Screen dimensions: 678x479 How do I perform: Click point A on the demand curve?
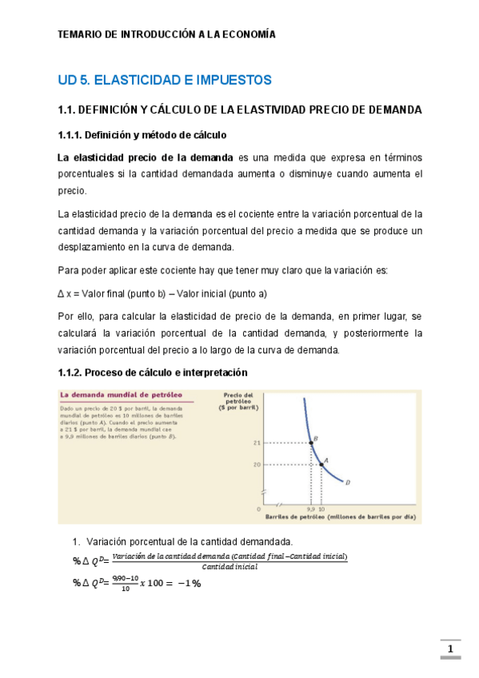tap(321, 465)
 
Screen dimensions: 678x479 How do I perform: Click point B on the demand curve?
tap(311, 442)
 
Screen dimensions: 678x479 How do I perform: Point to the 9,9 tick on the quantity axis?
tap(310, 508)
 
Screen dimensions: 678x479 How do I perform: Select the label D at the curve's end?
tap(348, 482)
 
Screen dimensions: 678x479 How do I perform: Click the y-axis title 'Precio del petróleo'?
tap(239, 397)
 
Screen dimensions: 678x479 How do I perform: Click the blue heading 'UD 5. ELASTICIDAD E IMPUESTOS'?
tap(165, 80)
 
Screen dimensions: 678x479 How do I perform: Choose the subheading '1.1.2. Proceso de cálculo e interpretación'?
tap(153, 373)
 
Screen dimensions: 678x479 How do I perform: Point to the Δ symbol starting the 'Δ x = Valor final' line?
tap(62, 293)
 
